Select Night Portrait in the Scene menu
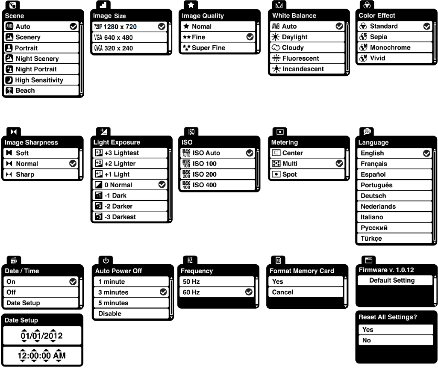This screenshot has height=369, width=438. pos(41,69)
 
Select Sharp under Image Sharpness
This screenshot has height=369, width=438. pos(41,174)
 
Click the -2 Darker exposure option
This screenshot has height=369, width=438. pos(129,206)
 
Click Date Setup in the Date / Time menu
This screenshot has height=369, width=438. pos(41,303)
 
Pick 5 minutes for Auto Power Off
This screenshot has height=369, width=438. pos(131,303)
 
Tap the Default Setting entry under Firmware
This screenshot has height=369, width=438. pos(392,280)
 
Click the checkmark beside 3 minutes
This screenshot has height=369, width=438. pos(163,292)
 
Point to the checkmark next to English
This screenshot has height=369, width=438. pos(426,154)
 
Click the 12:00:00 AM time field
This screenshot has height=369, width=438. pos(41,355)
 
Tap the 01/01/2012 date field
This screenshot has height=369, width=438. pos(41,336)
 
